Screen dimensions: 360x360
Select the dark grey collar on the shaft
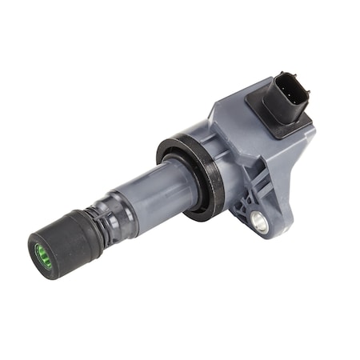(x=120, y=208)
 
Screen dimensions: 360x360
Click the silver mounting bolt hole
(x=261, y=223)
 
